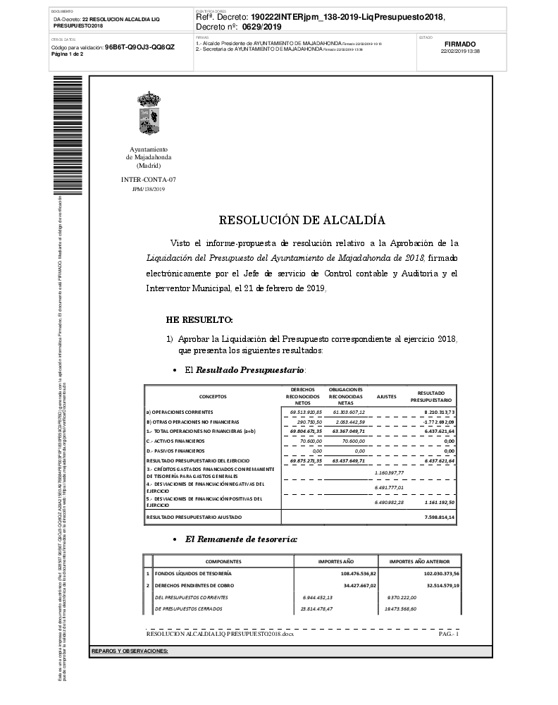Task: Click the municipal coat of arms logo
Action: coord(149,116)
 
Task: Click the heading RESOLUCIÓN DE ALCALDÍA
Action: coord(302,220)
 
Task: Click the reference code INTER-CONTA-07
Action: coord(149,180)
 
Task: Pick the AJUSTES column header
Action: coord(387,396)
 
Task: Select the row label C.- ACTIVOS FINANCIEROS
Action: coord(176,441)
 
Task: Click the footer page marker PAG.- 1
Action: coord(448,634)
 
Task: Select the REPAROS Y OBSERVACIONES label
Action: coord(130,651)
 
